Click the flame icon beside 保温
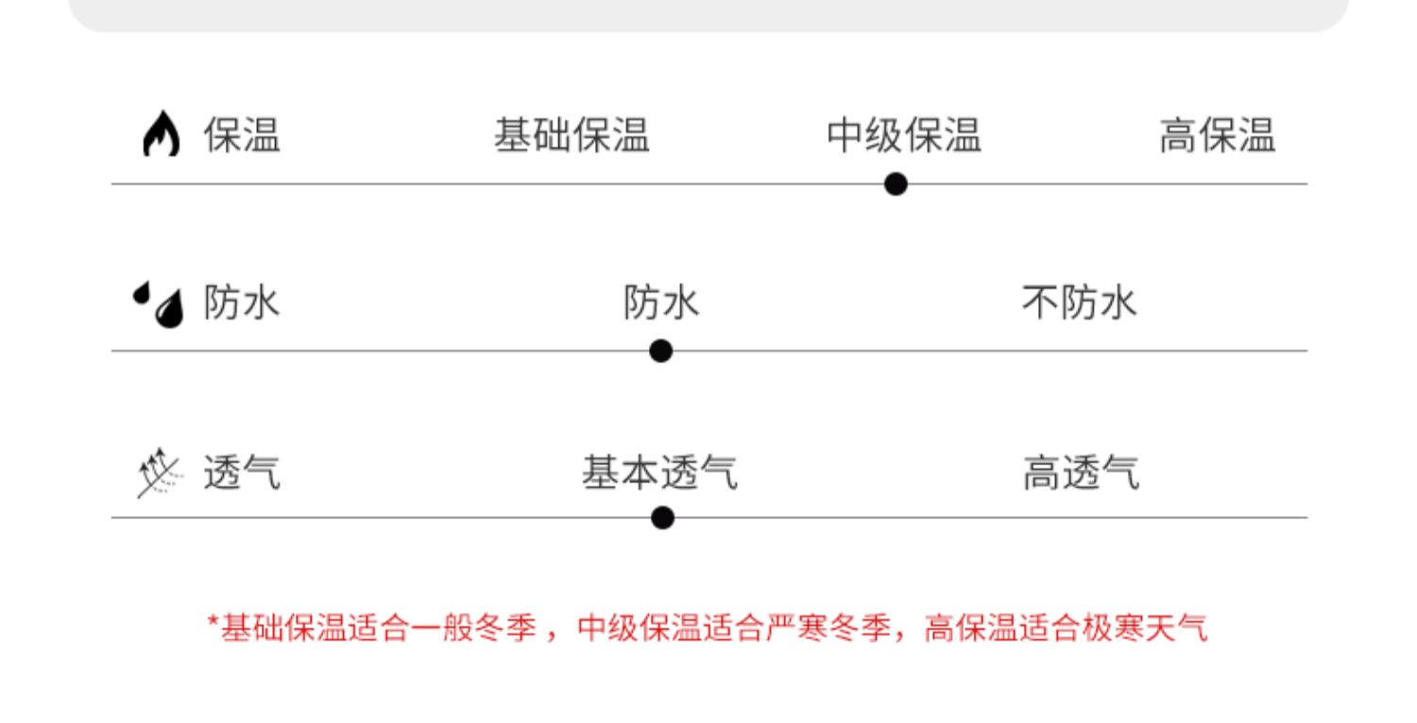[x=160, y=135]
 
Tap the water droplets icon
[x=159, y=303]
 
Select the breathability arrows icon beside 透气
[x=157, y=472]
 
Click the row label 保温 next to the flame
[x=242, y=135]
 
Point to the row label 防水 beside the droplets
[x=242, y=303]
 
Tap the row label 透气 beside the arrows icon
[x=242, y=472]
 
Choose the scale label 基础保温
[x=572, y=135]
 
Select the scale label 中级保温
[x=904, y=135]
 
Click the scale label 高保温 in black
[x=1217, y=135]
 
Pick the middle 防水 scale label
[x=661, y=303]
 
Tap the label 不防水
[x=1079, y=303]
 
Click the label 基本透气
[x=659, y=472]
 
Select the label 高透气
[x=1081, y=472]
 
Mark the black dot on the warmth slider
[x=896, y=184]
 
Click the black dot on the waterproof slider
[x=661, y=352]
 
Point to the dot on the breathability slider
[x=663, y=518]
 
